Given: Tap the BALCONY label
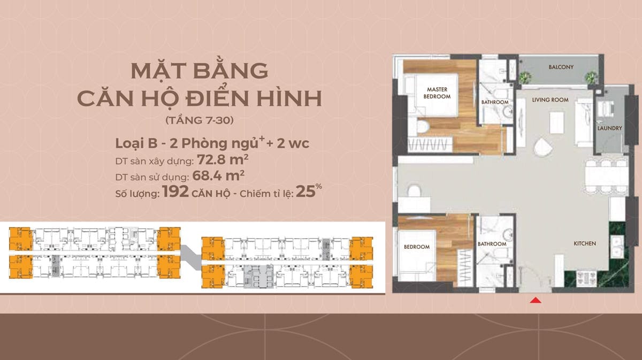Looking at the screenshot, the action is [x=561, y=67].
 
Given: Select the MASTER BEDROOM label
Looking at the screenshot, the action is [x=437, y=93].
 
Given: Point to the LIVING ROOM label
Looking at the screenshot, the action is [x=550, y=99].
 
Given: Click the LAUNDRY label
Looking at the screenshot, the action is [x=609, y=128].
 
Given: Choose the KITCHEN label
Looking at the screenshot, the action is [x=585, y=243].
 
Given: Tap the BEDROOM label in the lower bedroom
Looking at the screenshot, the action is [x=417, y=247].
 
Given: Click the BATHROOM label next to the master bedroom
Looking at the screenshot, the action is [x=495, y=102].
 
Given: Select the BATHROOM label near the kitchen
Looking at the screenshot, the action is [x=492, y=244].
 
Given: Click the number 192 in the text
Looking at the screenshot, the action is [x=175, y=192].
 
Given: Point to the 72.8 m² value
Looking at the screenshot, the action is [x=223, y=159].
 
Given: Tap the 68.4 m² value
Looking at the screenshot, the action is [x=218, y=175].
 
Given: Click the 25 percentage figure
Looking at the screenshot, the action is [x=305, y=192].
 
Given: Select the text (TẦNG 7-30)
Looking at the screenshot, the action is [x=200, y=120].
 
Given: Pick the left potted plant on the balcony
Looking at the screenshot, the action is [x=525, y=77].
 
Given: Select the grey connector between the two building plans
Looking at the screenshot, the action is [x=190, y=257].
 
